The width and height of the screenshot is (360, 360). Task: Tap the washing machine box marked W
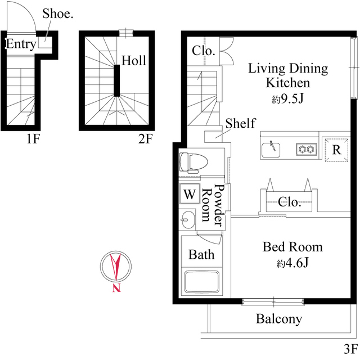190,195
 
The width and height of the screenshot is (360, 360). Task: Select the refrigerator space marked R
336,150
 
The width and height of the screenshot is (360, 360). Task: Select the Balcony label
279,319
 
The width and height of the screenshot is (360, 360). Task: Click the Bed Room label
292,246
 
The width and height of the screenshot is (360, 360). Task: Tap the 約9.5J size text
287,100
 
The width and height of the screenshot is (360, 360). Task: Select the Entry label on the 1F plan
21,44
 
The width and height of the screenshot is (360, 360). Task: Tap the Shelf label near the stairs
241,123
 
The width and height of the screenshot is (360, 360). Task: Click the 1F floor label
32,138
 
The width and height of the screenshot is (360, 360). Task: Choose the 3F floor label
350,348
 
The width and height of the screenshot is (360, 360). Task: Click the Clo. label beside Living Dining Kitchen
203,50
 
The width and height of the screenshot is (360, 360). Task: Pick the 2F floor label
145,138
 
